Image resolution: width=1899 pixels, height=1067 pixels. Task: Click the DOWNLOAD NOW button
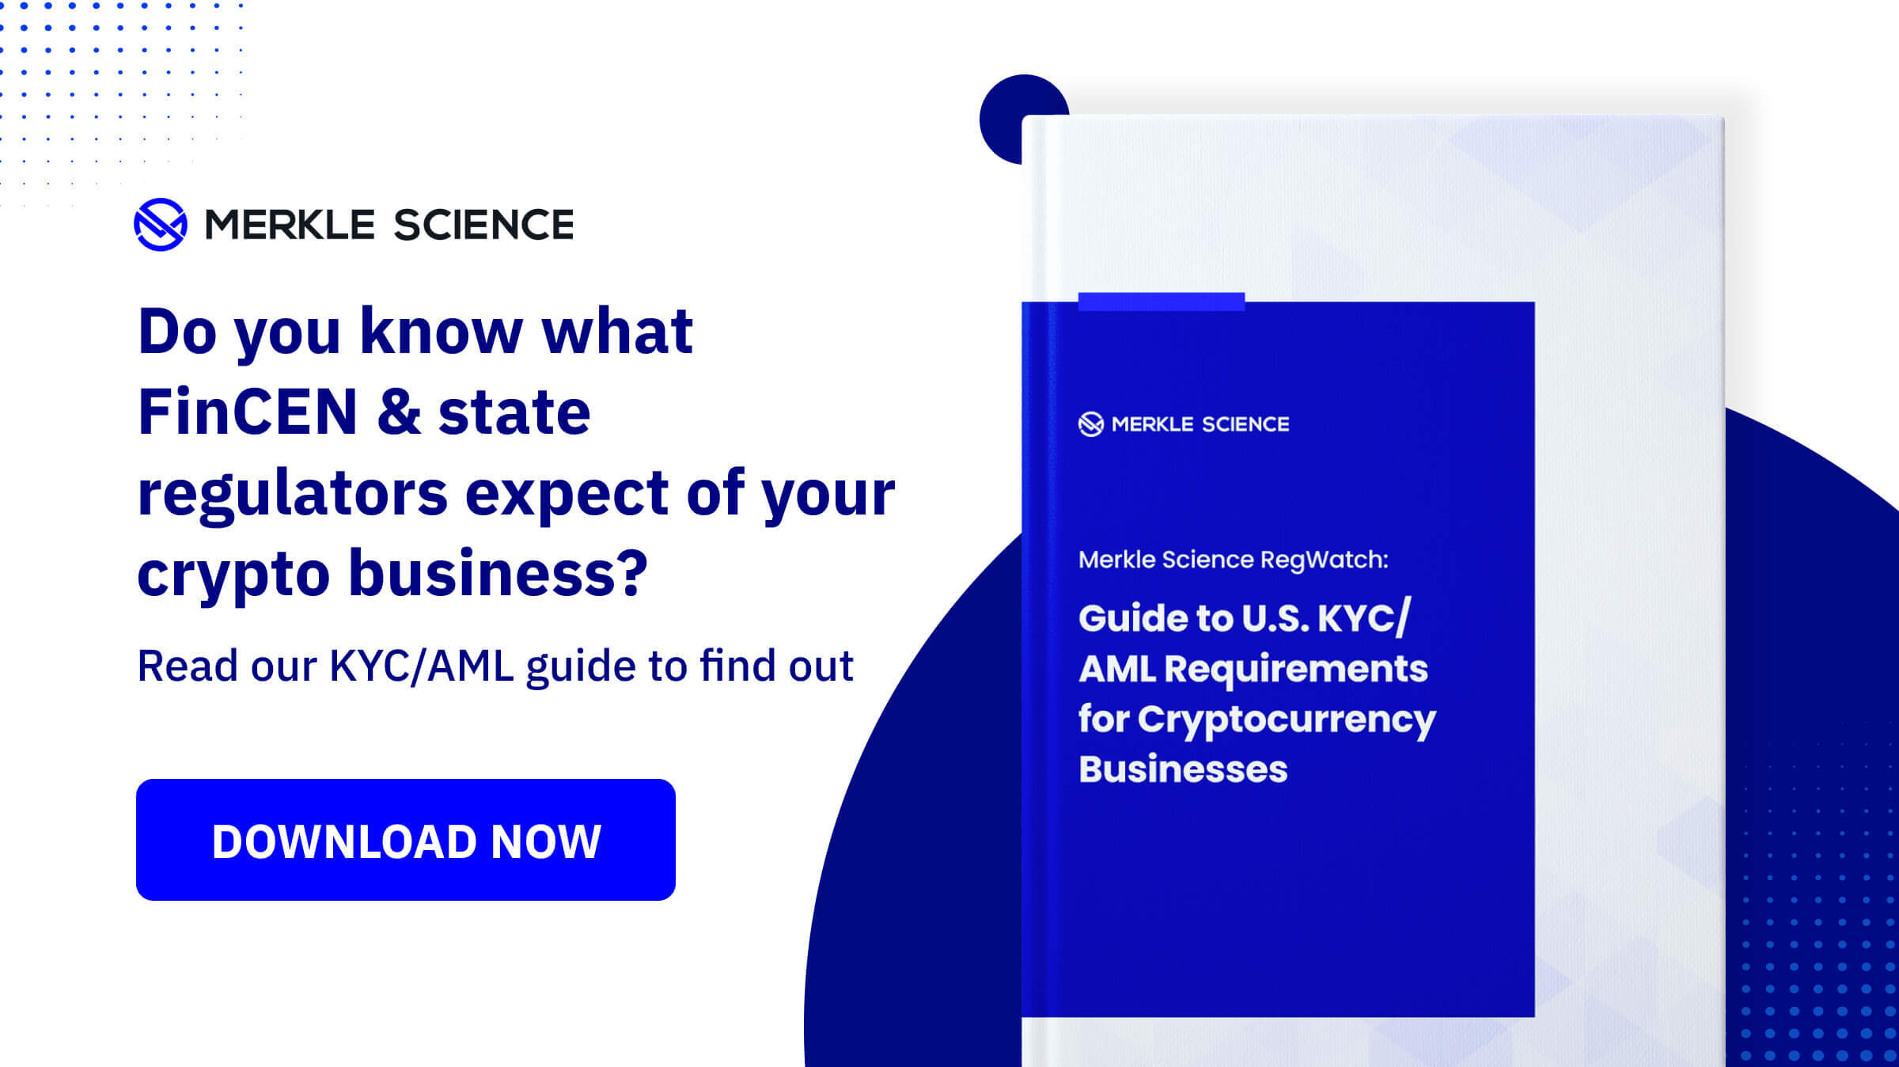[405, 839]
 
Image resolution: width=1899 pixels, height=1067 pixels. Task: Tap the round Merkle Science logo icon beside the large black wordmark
[161, 225]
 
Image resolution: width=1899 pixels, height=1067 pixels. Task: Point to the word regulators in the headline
[293, 495]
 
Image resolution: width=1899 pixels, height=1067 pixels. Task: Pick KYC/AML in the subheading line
[421, 666]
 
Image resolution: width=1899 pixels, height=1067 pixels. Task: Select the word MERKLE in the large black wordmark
[290, 225]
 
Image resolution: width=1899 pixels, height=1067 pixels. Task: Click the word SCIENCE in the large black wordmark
[483, 225]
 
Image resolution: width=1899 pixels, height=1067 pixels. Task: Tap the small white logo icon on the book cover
[1090, 424]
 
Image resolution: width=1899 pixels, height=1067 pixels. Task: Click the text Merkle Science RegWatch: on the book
[1233, 560]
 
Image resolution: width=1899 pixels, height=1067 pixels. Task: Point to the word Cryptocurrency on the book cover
[1287, 720]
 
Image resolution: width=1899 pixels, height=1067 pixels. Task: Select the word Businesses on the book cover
[1183, 769]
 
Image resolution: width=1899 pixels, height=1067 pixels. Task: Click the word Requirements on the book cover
[1296, 669]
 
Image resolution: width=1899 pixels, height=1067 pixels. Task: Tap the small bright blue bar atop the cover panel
[1161, 302]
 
